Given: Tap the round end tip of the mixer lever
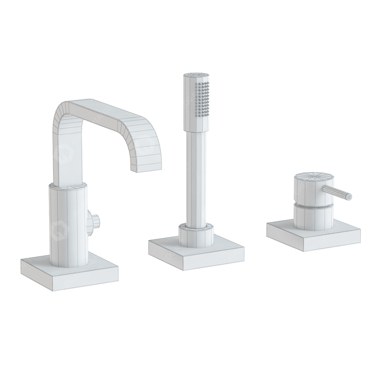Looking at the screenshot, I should click(349, 197).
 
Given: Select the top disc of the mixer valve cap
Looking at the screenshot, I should click(311, 176).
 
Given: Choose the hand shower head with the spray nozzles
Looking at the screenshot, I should click(197, 102).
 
